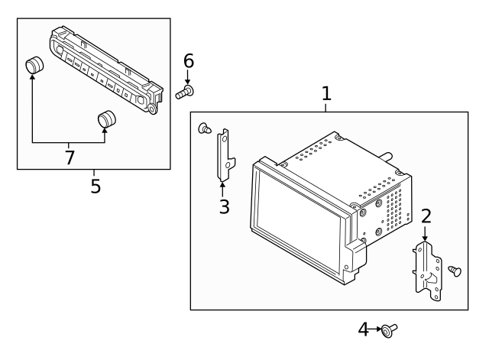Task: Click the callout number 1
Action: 326,94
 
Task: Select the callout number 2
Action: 426,216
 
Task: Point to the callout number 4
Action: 364,329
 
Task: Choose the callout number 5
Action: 95,186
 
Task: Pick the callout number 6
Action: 188,60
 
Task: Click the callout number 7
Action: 70,157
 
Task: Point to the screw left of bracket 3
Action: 204,128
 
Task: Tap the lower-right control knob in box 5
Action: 107,119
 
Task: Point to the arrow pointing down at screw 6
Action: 188,77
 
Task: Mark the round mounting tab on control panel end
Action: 154,109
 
